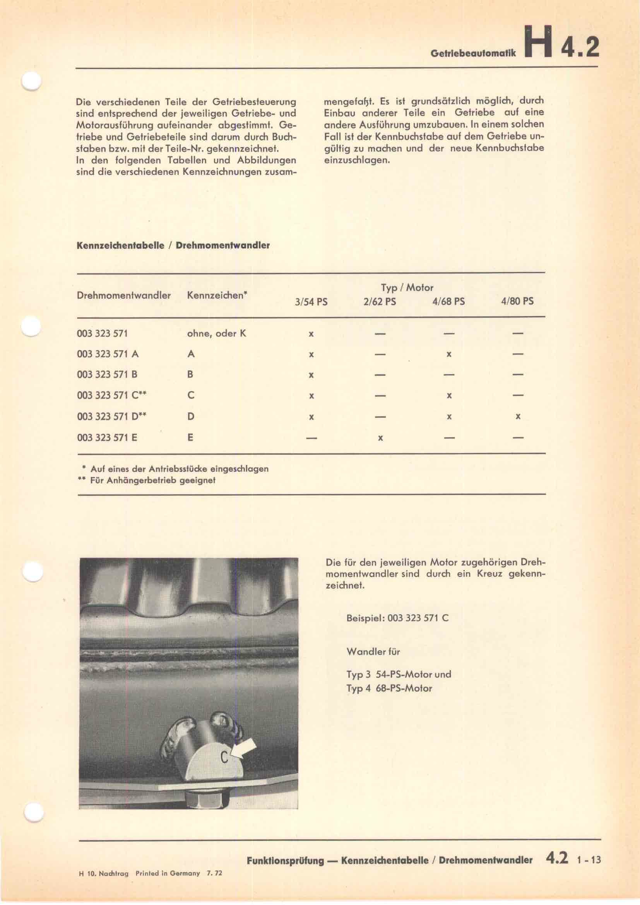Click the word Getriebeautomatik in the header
point(473,54)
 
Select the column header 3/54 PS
point(311,302)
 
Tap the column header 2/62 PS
point(380,302)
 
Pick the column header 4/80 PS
point(517,302)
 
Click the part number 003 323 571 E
point(107,438)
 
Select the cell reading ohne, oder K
point(216,334)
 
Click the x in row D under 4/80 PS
point(518,417)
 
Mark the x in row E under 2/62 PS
point(380,438)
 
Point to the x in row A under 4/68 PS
point(448,354)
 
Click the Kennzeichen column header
point(217,295)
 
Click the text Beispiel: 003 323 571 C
point(397,618)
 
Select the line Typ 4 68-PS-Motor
point(389,688)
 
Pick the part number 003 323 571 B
point(107,375)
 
